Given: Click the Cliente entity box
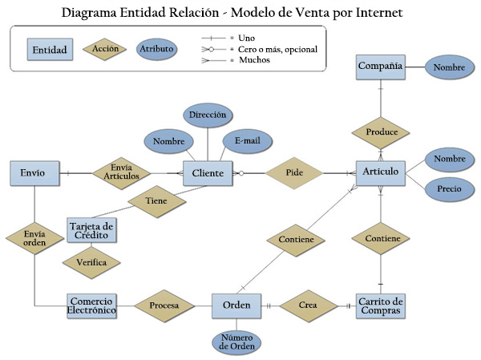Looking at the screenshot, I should [208, 173].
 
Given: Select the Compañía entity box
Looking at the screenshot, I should [381, 67].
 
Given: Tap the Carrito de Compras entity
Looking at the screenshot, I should [381, 305].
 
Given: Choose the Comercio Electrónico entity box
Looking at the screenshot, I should [91, 305].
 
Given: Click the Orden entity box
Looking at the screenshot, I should [236, 305].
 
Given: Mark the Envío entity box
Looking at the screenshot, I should [34, 173].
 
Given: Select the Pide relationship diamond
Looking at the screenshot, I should [293, 173].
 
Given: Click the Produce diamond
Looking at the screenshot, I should [381, 131].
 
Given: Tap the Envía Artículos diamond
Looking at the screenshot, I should [121, 172].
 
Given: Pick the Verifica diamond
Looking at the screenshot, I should [92, 261].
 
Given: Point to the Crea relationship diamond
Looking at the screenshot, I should [306, 305].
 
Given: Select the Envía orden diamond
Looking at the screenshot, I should [34, 238].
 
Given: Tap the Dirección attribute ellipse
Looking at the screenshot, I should [208, 115].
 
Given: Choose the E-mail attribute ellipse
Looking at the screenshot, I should [248, 140].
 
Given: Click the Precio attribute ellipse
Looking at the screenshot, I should [449, 189].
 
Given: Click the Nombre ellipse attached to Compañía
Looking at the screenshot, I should [449, 67].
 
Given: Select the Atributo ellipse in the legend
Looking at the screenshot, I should [158, 49].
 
